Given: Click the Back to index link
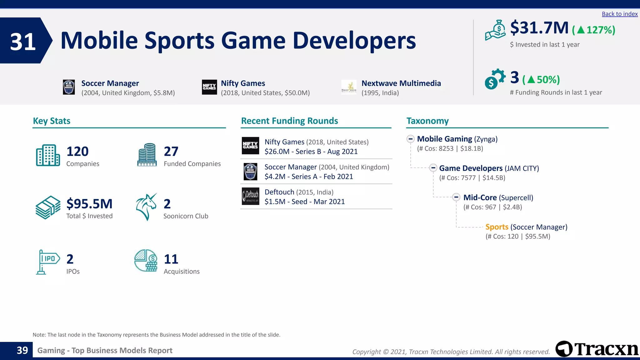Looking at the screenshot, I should pos(619,14).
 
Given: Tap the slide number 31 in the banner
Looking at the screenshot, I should pos(22,42).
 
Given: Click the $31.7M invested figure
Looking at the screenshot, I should pos(539,28).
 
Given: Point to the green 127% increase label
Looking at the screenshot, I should pos(593,30).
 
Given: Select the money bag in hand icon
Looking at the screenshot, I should pos(495,30).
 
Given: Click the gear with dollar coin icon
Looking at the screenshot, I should pos(495,79).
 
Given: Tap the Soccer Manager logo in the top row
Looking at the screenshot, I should pos(69,87).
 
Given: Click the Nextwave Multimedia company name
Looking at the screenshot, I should pos(401,83).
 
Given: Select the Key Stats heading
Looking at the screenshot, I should pos(52,121).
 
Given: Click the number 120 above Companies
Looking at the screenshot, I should pos(77,152).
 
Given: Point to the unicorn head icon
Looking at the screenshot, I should pos(146,207).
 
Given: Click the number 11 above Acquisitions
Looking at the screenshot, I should pos(171,259).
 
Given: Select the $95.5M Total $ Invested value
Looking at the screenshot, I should pos(89,204).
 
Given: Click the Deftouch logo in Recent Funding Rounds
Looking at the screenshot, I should pos(250,196).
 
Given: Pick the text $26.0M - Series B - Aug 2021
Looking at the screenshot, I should pos(311,152).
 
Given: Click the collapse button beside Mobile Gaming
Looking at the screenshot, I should pos(410,139).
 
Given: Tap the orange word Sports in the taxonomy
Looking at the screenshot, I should pos(497,227).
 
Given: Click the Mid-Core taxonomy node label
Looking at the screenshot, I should pos(480,197).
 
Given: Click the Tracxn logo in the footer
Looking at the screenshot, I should pos(597,349).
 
